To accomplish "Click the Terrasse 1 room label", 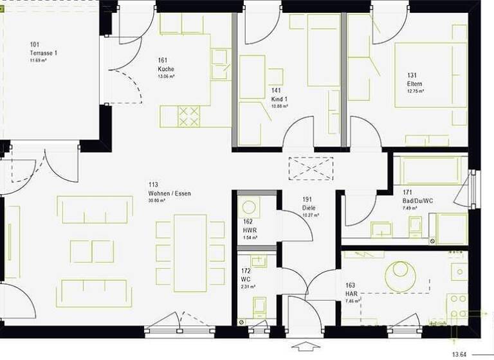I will point(44,52).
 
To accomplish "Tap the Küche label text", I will point(166,69).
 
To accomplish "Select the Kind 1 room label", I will point(279,99).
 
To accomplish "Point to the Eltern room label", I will point(414,84).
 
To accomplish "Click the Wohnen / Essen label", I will point(169,193).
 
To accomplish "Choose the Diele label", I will point(308,208).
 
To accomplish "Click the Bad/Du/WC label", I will point(416,201).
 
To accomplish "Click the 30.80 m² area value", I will point(157,201).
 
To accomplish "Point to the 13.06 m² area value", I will point(167,76).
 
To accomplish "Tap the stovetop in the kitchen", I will point(188,117).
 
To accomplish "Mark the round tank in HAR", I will point(400,275).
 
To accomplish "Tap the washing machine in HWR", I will point(248,208).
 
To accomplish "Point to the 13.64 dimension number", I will point(459,354).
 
